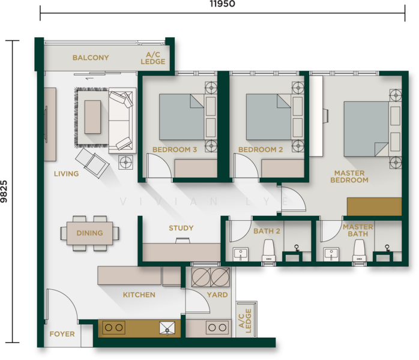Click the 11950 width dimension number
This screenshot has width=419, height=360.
pos(222,4)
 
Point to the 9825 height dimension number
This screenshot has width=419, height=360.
pos(4,191)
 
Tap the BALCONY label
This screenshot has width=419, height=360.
pos(91,58)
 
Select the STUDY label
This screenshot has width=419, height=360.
pos(181,228)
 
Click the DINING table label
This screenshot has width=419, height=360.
pos(90,233)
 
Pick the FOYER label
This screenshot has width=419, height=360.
pos(62,334)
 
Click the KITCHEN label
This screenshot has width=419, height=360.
pos(139,295)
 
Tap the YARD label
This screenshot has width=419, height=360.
pos(217,295)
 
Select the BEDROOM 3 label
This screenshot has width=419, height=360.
pos(175,149)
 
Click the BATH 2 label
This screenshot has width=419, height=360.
pos(267,231)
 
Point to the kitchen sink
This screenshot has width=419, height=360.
pos(167,328)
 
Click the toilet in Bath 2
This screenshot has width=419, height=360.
pos(268,251)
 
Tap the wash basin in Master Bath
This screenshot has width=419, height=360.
pos(331,254)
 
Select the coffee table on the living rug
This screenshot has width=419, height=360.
pos(92,117)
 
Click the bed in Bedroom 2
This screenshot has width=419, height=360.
pos(268,117)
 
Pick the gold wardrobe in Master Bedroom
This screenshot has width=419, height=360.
pos(374,206)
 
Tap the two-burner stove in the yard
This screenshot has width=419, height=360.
pos(217,328)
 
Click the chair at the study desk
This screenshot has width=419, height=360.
pos(182,241)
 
